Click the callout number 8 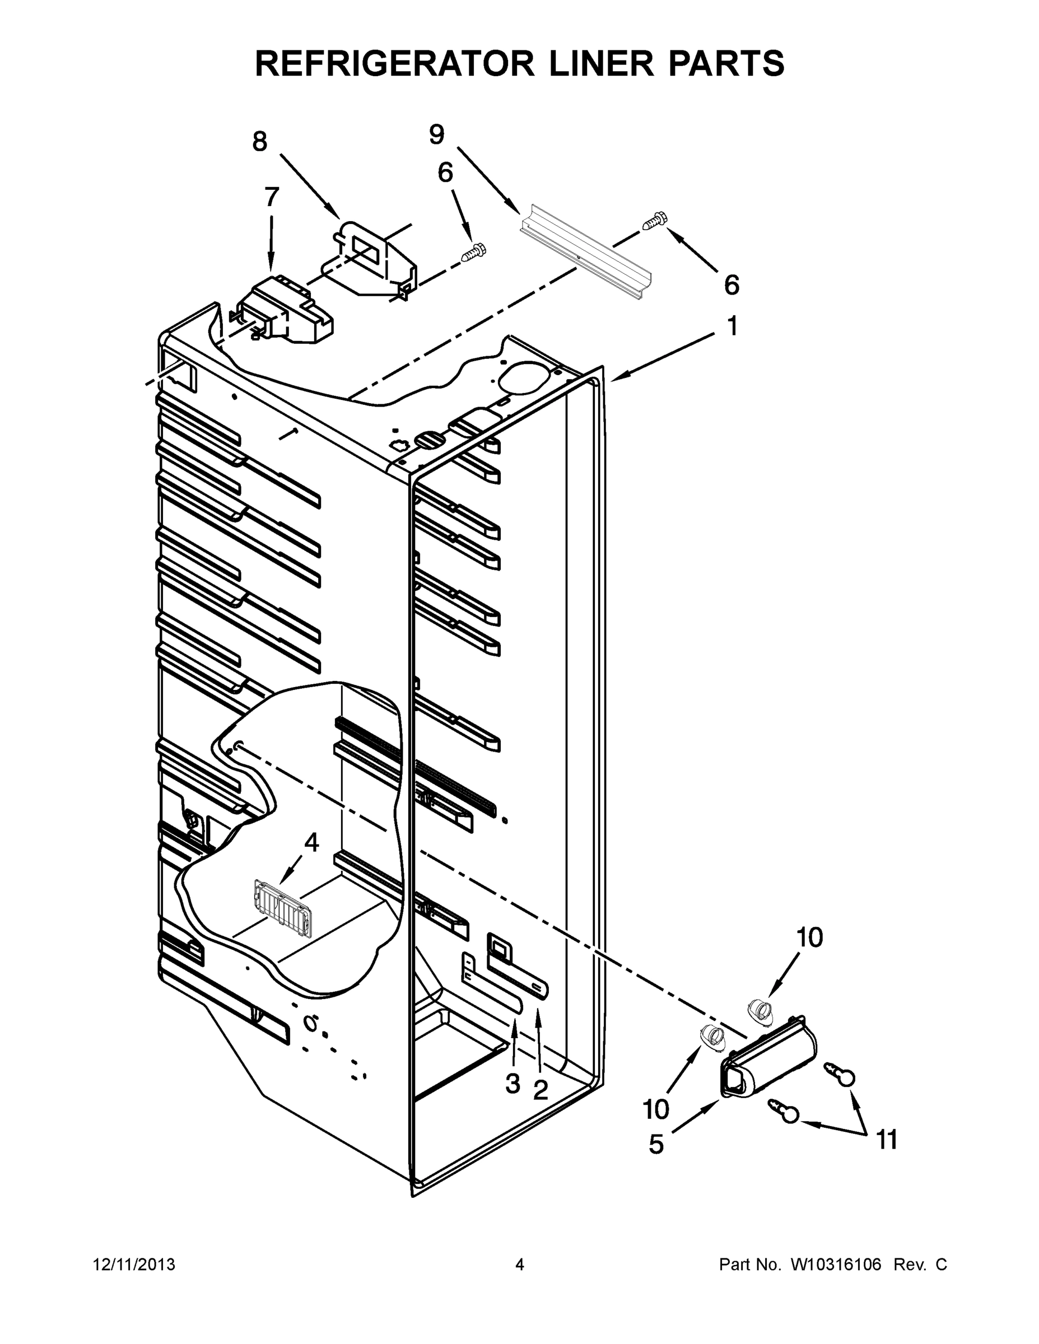point(260,142)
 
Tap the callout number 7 point(272,198)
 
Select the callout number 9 point(436,135)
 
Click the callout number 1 point(733,326)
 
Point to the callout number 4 point(311,843)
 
